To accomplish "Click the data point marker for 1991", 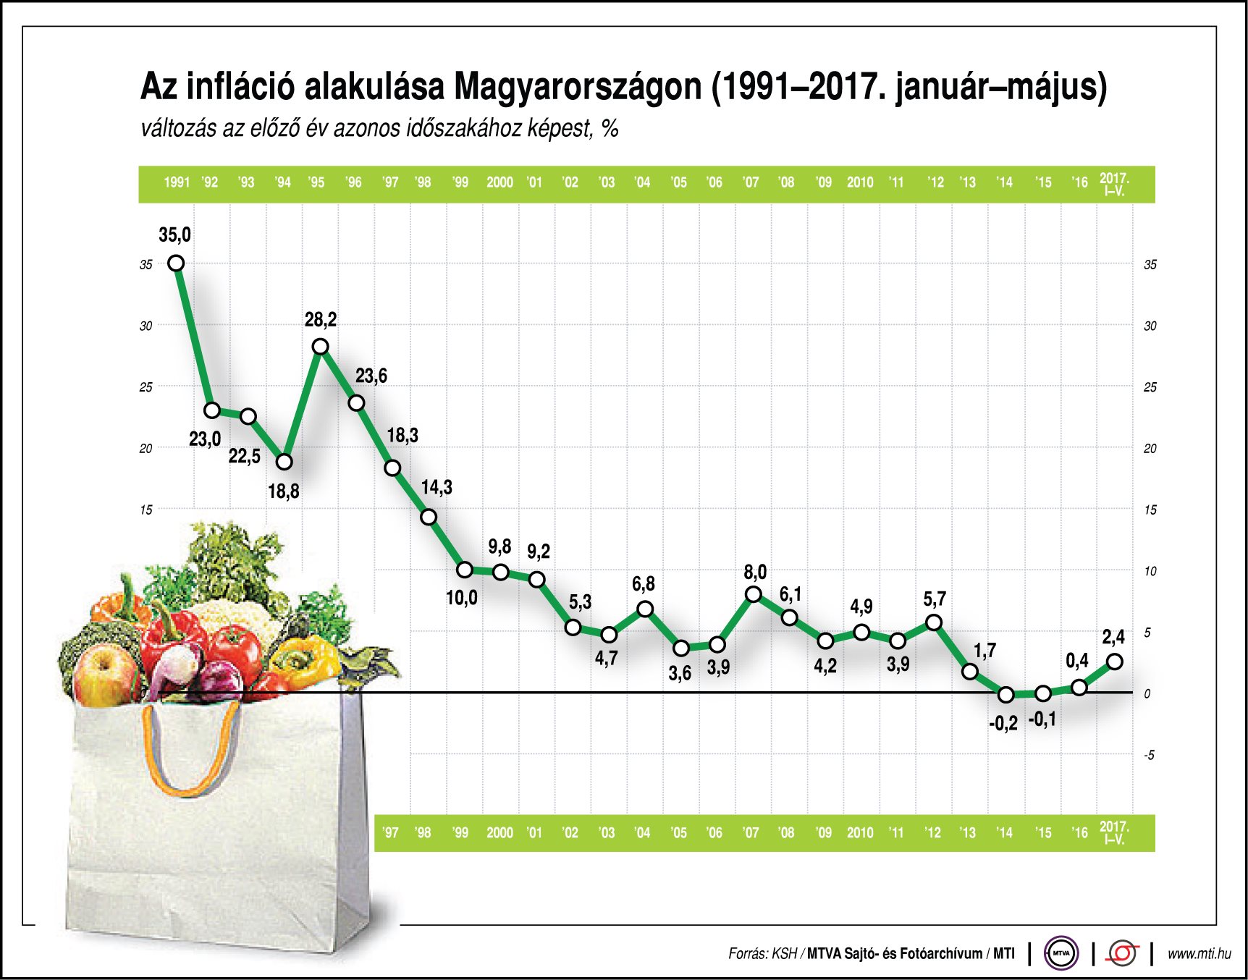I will tap(176, 263).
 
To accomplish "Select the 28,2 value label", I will tap(320, 319).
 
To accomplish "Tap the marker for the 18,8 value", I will tap(284, 462).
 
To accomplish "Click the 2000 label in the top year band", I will tap(499, 182).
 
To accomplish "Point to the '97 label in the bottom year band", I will tap(391, 832).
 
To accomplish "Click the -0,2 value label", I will tap(1003, 723).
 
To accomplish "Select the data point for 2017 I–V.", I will tap(1115, 662).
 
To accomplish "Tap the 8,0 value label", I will tap(754, 573).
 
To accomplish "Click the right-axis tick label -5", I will tap(1149, 755).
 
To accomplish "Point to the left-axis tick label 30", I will tap(146, 326).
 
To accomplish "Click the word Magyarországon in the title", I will tap(578, 87).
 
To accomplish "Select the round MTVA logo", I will tap(1061, 953).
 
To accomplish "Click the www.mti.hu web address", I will tap(1199, 954).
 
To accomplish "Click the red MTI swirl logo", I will tap(1123, 953).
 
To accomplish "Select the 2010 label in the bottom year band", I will tap(860, 832).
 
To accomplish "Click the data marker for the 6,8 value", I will tap(645, 609).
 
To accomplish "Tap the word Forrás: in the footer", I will tap(748, 954).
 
